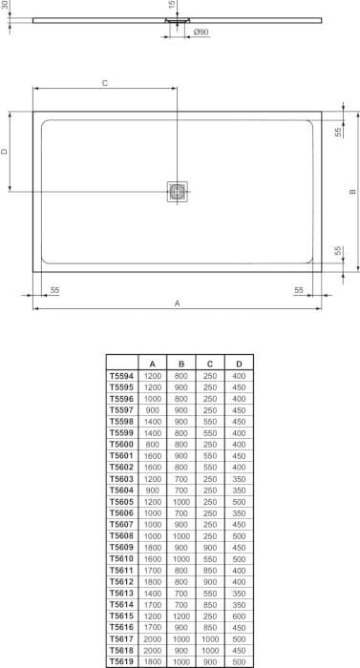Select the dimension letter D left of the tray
coord(5,151)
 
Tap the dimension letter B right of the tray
coord(351,192)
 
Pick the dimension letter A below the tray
coord(178,303)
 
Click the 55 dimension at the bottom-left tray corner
coord(54,288)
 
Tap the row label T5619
coord(121,659)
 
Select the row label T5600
coord(121,445)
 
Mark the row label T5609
coord(121,547)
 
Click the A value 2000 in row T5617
coord(153,637)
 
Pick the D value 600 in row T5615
coord(239,615)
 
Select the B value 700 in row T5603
coord(181,479)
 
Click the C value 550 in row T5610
coord(210,558)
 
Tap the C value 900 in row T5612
coord(210,580)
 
